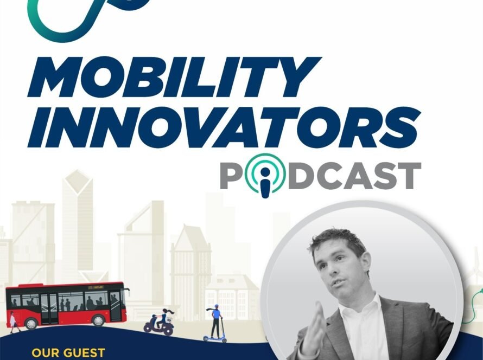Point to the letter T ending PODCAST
tap(408, 176)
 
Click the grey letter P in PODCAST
tap(232, 176)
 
